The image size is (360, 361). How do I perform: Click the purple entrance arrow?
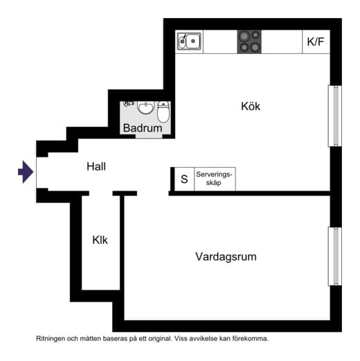click(x=25, y=172)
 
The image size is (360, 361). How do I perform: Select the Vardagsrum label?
click(x=226, y=256)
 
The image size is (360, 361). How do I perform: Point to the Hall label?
click(x=97, y=166)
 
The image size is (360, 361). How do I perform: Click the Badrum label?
click(x=143, y=128)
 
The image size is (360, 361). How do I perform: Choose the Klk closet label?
click(x=100, y=240)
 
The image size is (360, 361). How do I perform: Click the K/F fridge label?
click(x=316, y=42)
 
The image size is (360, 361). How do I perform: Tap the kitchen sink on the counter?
click(x=189, y=42)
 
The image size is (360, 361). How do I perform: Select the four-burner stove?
click(x=250, y=42)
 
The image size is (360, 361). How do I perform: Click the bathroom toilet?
click(x=163, y=111)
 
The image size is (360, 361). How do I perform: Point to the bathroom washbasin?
click(x=145, y=107)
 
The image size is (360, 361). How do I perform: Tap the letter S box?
click(x=184, y=178)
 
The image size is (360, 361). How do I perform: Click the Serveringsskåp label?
click(x=215, y=178)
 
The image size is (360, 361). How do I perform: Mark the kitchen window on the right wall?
click(x=334, y=116)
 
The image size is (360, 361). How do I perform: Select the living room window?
click(x=334, y=256)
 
